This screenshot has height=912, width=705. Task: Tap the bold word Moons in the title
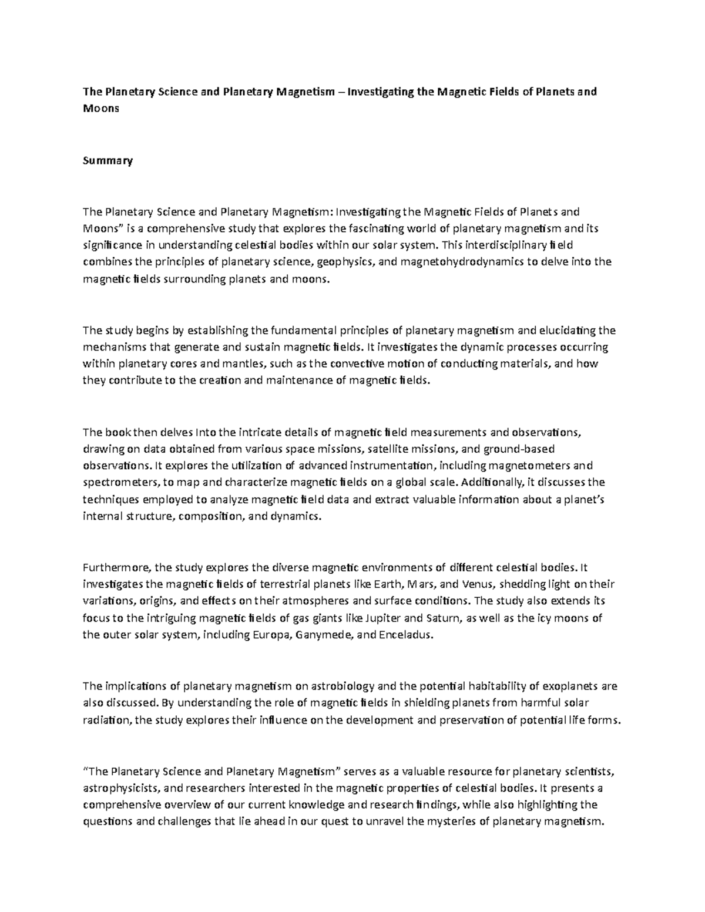pos(100,109)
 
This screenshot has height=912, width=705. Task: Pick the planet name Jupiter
pos(384,618)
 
